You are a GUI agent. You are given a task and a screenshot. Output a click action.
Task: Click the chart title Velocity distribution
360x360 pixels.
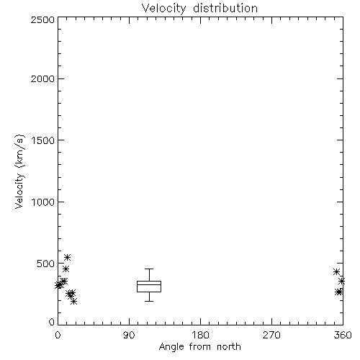(x=199, y=8)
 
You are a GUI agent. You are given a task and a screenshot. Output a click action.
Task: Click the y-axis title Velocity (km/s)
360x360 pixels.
(x=19, y=171)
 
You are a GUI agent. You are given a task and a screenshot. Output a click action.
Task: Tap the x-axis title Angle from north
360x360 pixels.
(x=199, y=347)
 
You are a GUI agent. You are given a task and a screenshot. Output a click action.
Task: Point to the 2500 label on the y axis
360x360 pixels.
(x=42, y=19)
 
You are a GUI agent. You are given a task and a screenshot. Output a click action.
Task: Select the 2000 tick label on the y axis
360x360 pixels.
(x=42, y=78)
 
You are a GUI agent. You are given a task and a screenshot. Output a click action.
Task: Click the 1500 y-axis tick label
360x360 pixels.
(x=43, y=140)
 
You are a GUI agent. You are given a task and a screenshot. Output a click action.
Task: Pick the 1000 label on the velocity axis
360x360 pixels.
(x=43, y=202)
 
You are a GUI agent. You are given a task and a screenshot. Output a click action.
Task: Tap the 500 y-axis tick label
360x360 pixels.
(x=46, y=264)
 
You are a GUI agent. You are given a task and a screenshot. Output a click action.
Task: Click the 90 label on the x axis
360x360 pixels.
(x=129, y=335)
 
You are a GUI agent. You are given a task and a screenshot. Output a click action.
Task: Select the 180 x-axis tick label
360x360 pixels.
(x=200, y=335)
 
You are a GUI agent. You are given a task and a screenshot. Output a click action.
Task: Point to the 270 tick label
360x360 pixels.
(x=271, y=335)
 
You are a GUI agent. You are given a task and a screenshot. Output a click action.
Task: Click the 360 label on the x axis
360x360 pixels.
(x=343, y=335)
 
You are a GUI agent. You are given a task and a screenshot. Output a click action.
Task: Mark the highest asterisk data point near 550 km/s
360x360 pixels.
(x=67, y=257)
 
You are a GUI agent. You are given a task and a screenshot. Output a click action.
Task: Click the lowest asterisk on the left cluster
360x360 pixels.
(x=74, y=301)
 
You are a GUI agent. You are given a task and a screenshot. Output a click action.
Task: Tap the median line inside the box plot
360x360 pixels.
(x=149, y=284)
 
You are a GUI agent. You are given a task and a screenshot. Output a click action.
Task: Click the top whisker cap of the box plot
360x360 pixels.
(x=149, y=269)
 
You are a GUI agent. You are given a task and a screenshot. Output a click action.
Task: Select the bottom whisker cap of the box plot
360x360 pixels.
(x=149, y=301)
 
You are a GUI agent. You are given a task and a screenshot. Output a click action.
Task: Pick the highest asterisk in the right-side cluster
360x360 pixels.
(x=336, y=272)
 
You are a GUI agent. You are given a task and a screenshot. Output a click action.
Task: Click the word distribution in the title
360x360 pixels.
(x=225, y=8)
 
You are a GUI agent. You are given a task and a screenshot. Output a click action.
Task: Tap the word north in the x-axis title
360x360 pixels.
(x=229, y=347)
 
